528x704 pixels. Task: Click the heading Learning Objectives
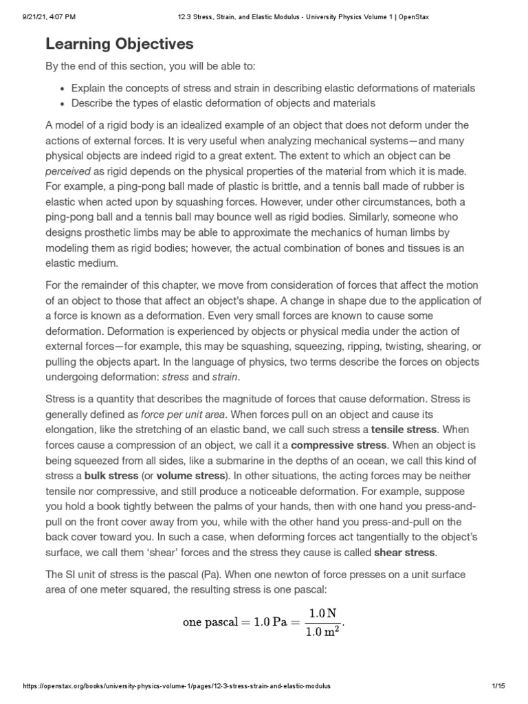point(120,45)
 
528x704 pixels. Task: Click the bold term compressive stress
point(340,445)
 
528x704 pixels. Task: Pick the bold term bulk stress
point(111,475)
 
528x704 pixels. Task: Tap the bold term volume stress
point(190,475)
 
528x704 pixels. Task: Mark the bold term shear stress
point(404,552)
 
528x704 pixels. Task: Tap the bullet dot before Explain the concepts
point(63,89)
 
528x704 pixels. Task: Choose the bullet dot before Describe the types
point(63,104)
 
